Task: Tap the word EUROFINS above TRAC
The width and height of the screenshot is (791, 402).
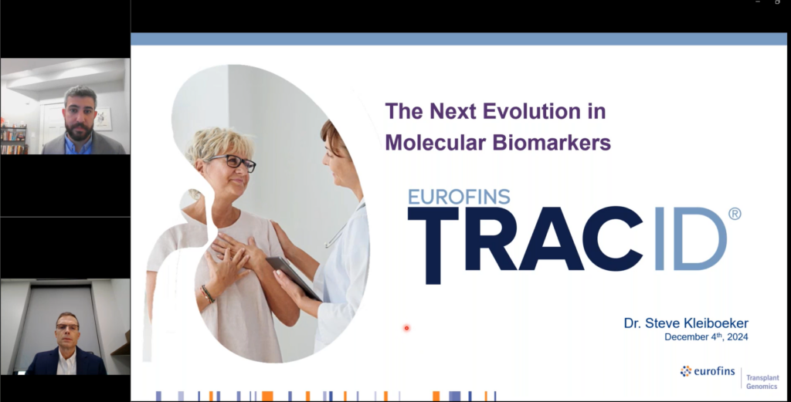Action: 459,196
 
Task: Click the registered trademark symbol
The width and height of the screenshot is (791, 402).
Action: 734,214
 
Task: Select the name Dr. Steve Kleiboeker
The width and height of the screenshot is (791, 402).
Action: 685,323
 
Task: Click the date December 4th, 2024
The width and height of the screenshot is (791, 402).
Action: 706,337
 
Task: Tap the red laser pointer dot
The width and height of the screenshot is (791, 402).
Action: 406,328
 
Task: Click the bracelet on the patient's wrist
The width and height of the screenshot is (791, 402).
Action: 206,293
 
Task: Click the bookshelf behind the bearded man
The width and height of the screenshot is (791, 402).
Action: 13,140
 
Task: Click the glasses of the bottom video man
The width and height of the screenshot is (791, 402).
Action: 67,327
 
